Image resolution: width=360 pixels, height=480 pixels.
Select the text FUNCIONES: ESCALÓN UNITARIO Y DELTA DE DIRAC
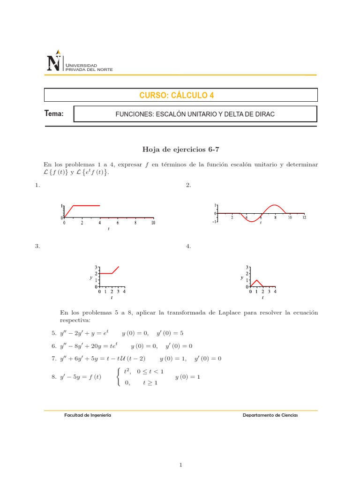pos(195,114)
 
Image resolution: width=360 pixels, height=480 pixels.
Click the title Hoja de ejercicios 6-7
pos(180,150)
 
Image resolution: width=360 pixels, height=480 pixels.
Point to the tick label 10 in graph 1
pos(153,223)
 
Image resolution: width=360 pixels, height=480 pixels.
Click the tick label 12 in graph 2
pos(304,217)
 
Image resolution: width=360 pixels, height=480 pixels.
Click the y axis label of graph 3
pos(90,277)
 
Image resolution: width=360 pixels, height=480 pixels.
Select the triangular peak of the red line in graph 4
pos(256,280)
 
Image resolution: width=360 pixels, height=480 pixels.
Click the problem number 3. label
pos(37,246)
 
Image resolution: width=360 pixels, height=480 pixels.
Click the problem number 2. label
pos(188,186)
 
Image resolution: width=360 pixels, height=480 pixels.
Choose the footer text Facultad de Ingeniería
pos(88,415)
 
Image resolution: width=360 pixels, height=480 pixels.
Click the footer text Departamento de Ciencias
pos(270,415)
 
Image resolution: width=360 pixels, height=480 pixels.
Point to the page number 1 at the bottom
pos(180,452)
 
